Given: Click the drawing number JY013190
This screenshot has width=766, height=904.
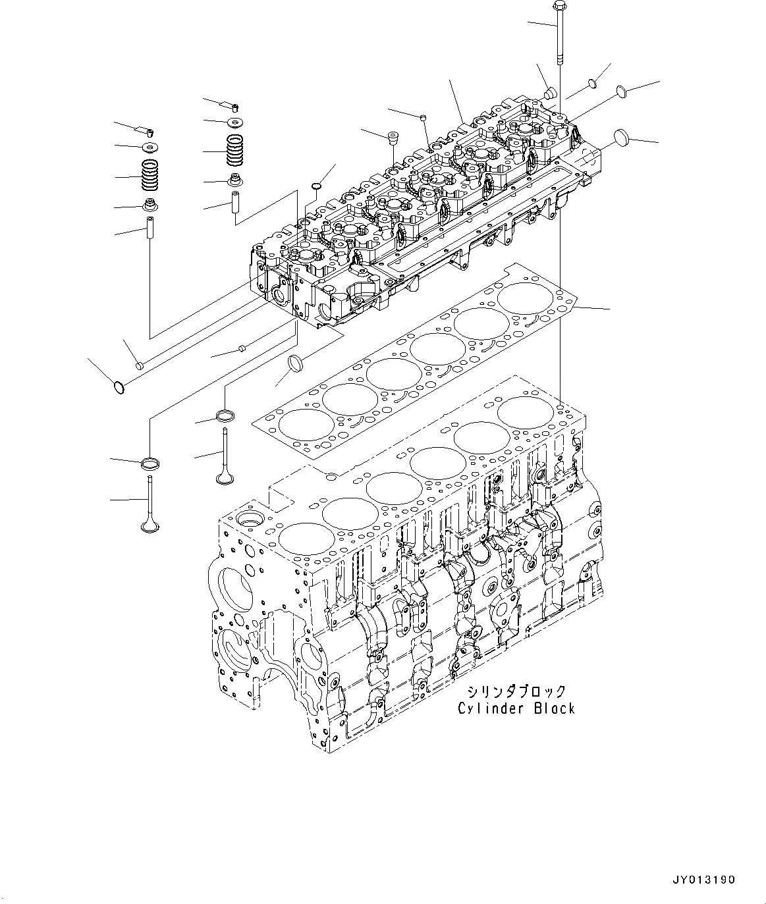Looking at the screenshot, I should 704,880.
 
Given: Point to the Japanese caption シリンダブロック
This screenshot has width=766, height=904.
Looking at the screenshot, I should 516,691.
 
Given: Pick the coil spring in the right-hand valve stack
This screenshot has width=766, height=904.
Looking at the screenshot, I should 235,151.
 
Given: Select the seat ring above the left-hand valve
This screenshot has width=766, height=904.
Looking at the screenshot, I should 151,463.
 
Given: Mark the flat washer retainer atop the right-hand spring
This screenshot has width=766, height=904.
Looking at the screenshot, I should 235,122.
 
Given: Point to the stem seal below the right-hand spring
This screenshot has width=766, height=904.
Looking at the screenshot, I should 235,179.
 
